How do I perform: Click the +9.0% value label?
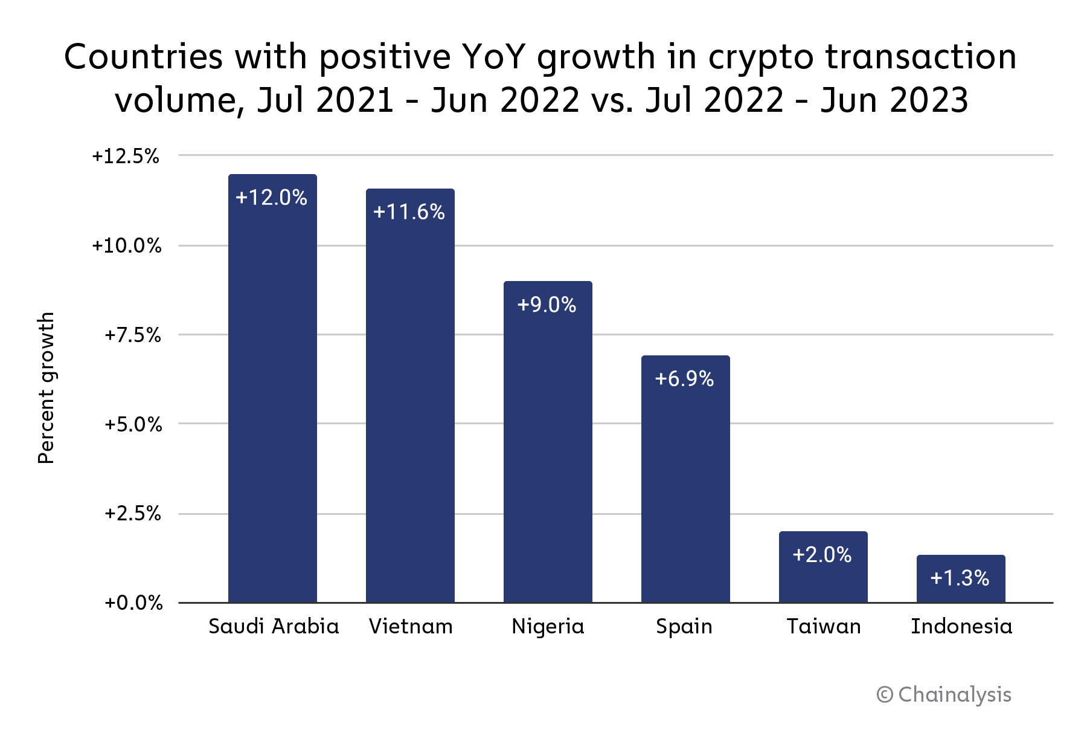[547, 305]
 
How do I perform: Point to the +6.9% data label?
[685, 379]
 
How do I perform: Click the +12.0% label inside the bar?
[272, 198]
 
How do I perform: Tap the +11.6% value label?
[409, 212]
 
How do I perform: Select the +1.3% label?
[960, 578]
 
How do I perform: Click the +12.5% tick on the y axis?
[126, 157]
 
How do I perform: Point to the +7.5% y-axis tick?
[133, 335]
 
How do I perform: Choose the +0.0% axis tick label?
[133, 603]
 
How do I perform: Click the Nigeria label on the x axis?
[548, 626]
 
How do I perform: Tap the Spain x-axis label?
[684, 626]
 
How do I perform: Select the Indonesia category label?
[961, 626]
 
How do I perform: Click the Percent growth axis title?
[46, 388]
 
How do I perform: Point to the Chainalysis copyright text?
[944, 694]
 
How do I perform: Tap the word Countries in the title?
[144, 57]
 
